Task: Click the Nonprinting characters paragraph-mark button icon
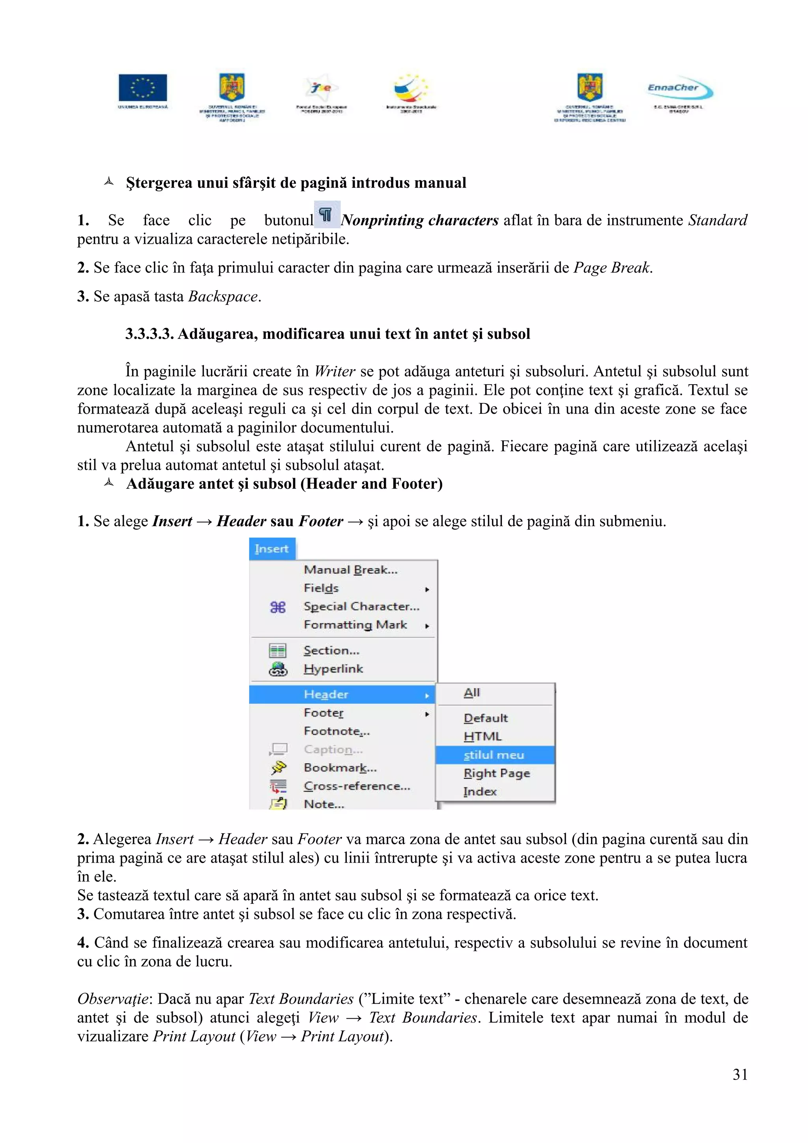(327, 215)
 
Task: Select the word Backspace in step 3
(223, 297)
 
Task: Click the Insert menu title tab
(272, 549)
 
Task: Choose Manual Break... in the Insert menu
(350, 570)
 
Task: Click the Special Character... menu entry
(361, 606)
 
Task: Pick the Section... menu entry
(331, 651)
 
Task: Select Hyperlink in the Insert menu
(333, 669)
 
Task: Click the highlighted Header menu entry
(327, 695)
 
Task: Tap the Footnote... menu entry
(337, 731)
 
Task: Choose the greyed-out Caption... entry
(333, 749)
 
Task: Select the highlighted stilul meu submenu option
(494, 755)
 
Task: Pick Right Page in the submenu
(496, 773)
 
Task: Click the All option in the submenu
(471, 693)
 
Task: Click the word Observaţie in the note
(113, 999)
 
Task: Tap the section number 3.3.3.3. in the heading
(150, 334)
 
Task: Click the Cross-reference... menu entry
(357, 786)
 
